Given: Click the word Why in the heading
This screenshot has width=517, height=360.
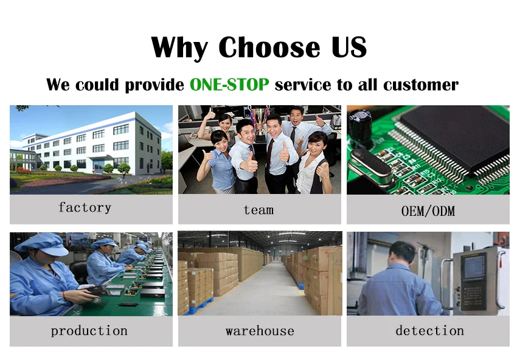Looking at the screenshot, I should coord(180,47).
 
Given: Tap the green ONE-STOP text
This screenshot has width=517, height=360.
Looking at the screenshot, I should coord(229,85).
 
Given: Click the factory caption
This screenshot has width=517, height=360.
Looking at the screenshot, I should coord(85,208).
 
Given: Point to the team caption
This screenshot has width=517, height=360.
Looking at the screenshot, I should coord(258,210).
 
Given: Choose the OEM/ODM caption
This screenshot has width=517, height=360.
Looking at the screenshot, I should coord(428,211).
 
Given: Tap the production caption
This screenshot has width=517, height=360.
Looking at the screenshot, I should coord(89,331).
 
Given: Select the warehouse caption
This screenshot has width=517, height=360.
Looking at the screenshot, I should coord(260,331).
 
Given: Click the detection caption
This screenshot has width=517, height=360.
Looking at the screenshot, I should coord(429,331).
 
